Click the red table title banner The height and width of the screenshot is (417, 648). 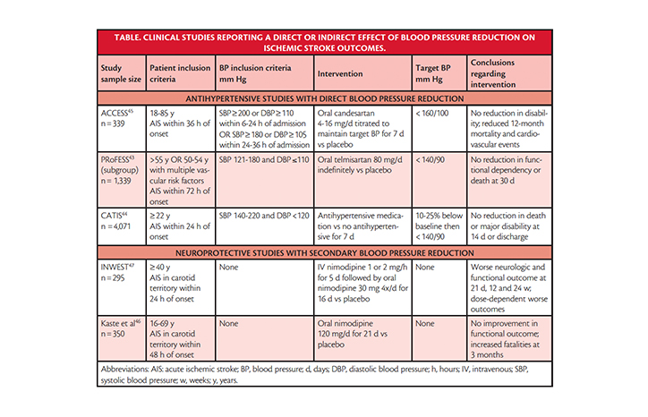point(325,43)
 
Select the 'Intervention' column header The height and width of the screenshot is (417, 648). point(362,73)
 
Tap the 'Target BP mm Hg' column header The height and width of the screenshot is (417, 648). point(439,73)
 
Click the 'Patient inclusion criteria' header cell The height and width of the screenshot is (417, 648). point(180,73)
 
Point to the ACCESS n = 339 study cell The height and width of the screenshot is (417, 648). point(122,129)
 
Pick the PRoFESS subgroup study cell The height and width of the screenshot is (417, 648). point(122,180)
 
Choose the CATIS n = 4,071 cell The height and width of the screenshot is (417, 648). point(122,226)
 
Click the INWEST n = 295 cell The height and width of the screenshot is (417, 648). point(122,287)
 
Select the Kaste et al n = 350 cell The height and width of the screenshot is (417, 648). point(122,338)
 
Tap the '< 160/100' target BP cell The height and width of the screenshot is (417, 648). point(439,129)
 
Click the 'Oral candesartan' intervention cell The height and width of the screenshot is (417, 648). point(362,129)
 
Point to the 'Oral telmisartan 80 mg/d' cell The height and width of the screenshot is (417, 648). point(362,180)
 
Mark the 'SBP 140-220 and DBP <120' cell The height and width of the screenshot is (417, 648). point(265,226)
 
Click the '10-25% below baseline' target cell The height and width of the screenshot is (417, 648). point(439,226)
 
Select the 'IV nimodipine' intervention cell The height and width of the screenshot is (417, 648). point(362,287)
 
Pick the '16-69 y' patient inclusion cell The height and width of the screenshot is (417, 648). point(180,338)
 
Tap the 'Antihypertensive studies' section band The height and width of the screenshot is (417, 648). point(325,98)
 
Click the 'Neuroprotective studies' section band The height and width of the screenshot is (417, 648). point(325,252)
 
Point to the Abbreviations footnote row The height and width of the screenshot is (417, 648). point(325,374)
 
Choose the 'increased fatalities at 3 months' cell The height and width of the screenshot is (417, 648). point(509,338)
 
